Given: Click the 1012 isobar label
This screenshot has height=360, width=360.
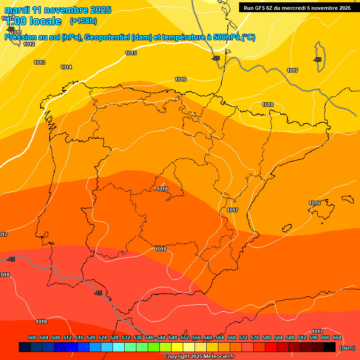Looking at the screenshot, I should (x=29, y=45).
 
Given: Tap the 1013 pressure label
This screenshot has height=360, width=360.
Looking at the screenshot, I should (x=39, y=62).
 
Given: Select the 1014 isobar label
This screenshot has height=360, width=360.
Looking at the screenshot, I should (x=66, y=67).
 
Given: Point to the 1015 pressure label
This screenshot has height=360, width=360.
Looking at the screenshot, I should (x=131, y=53).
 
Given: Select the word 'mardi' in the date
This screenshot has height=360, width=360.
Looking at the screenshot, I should (x=17, y=10).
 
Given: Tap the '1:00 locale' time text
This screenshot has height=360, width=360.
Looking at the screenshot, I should (x=33, y=21).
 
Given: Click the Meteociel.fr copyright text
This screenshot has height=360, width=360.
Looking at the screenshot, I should (x=199, y=357).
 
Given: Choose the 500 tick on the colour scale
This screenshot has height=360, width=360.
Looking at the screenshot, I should (x=32, y=338).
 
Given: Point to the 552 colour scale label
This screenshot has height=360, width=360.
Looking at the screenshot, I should (x=185, y=338).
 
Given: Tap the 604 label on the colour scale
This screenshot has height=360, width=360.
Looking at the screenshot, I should (x=337, y=338).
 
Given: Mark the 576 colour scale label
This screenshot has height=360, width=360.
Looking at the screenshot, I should (x=255, y=338).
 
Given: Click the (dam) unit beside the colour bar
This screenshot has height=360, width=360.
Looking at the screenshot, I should (x=347, y=348).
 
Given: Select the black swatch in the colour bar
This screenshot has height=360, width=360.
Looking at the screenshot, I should (x=330, y=347).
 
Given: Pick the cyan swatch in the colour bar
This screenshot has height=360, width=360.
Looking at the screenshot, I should (x=119, y=347).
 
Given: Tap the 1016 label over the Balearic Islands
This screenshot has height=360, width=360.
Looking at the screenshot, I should (x=315, y=203).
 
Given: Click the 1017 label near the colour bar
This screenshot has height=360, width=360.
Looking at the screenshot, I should (x=317, y=331).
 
